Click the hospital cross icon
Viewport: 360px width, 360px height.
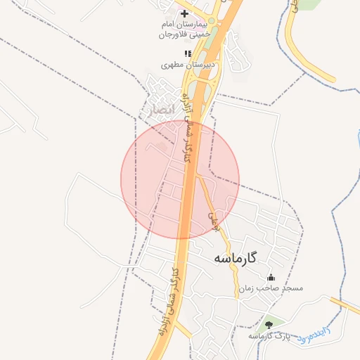tap(184, 13)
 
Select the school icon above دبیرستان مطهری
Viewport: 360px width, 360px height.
tap(187, 53)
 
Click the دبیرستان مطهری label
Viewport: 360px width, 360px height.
tap(188, 64)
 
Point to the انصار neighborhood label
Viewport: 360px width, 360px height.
tap(157, 110)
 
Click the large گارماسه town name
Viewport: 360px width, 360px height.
tap(234, 259)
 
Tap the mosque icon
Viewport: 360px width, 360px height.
tap(271, 277)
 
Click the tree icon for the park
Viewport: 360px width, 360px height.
tap(269, 325)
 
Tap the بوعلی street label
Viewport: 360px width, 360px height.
tap(215, 221)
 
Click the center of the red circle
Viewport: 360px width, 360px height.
tap(180, 180)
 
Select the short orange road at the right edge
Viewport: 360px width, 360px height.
tap(346, 304)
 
